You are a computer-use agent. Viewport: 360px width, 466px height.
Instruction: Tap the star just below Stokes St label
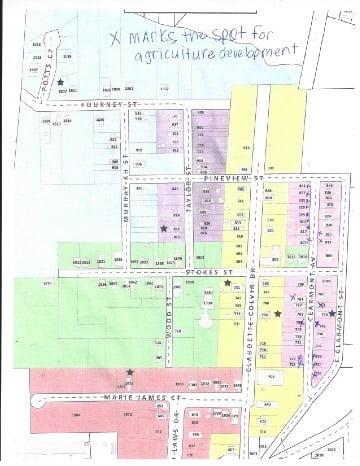pyautogui.click(x=227, y=284)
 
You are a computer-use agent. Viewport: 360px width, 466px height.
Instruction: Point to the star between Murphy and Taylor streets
pyautogui.click(x=164, y=229)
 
